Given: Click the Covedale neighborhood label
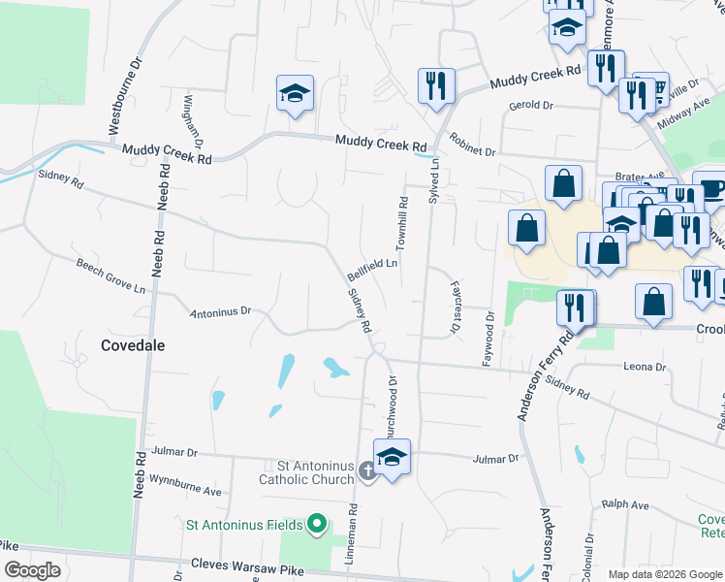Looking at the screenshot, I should click(133, 344).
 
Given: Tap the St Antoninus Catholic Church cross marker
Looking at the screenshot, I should click(366, 471).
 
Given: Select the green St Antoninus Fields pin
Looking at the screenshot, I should click(316, 525).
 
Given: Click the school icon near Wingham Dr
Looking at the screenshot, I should click(295, 94).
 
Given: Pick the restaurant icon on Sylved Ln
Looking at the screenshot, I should click(436, 85).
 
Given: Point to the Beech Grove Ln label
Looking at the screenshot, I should click(111, 275).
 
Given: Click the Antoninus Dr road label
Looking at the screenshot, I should click(221, 312).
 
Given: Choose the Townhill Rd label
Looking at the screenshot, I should click(401, 222).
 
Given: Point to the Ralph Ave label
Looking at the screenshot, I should click(625, 504).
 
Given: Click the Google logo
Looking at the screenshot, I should click(32, 570).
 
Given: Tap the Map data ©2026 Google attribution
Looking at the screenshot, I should click(664, 574).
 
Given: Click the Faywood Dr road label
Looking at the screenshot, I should click(489, 338).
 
